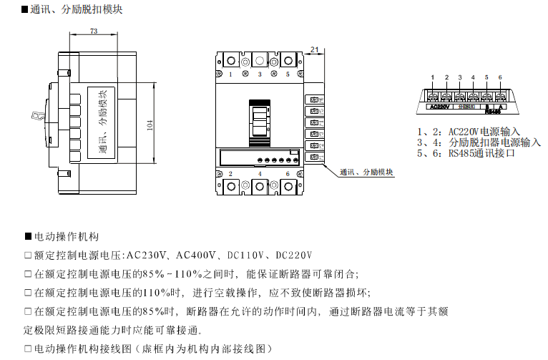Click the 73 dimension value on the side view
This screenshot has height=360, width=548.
point(94,31)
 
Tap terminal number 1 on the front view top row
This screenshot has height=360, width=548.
point(230,74)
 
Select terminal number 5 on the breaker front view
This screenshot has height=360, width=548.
point(288,74)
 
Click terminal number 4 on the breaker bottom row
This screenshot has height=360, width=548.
point(260,174)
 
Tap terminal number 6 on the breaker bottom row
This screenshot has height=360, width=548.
point(288,174)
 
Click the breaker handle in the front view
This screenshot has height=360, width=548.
point(260,122)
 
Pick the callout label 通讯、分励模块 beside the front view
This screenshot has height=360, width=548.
point(367,172)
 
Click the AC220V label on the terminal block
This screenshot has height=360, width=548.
point(439,107)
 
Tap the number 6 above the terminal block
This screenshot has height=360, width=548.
point(500,77)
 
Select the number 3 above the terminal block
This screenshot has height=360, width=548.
point(460,77)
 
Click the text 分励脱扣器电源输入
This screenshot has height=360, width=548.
point(494,142)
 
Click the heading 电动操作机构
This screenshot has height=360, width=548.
point(65,236)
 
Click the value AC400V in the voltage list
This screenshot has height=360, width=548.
point(195,255)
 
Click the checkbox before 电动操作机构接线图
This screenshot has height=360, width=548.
point(28,349)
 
